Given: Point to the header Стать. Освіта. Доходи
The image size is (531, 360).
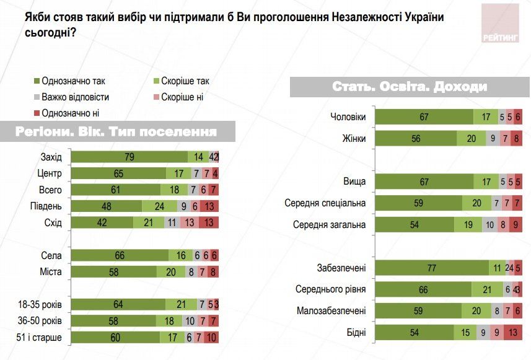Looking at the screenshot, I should [x=410, y=87].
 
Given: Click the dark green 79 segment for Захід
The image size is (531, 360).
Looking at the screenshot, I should [x=129, y=157].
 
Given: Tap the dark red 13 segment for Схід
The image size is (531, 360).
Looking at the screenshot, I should [x=209, y=222].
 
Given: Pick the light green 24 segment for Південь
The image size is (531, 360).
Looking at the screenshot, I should [x=159, y=206].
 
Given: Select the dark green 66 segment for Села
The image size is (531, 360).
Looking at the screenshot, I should [x=120, y=255].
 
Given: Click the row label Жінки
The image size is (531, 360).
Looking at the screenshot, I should [x=353, y=138].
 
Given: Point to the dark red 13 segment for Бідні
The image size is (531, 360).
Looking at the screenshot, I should [x=512, y=333].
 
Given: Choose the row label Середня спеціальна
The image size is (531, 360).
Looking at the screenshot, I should [x=325, y=203].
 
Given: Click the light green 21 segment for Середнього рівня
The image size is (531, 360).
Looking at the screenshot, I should [x=488, y=289].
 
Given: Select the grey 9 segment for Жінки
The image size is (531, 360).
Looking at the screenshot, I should [x=492, y=138].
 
